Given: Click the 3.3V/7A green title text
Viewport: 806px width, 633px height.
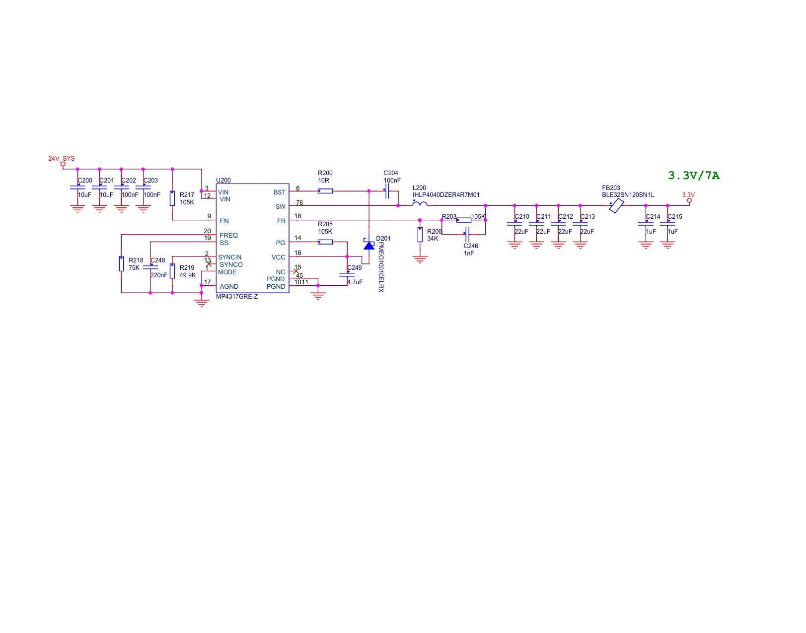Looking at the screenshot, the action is point(694,176).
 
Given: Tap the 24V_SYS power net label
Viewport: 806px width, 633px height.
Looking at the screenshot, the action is point(62,159).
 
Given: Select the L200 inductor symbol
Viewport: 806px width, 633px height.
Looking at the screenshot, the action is point(420,203).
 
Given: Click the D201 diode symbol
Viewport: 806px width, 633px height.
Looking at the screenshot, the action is point(369,244).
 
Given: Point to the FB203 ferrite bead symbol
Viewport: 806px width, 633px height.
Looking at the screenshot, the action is point(616,205).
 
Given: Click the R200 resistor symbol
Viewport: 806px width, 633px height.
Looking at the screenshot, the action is point(325,191).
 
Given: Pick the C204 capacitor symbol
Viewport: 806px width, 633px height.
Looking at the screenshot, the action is point(387,191).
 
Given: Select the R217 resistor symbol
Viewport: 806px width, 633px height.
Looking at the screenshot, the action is point(172,198).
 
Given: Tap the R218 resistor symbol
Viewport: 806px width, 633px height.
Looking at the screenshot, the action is point(121,264).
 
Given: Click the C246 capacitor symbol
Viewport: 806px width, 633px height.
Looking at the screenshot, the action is point(467,235).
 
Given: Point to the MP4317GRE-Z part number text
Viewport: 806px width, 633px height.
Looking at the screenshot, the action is point(237,297).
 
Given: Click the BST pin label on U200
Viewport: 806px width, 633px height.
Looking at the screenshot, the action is point(280,192).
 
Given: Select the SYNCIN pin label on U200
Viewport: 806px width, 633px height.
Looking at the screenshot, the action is point(229,257).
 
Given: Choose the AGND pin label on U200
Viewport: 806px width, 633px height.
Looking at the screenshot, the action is point(229,287).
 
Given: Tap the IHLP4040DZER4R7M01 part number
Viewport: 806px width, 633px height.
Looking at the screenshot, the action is point(445,195).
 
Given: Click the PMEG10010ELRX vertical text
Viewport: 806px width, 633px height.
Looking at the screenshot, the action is point(381,267).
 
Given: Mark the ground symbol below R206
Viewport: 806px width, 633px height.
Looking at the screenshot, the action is point(420,259).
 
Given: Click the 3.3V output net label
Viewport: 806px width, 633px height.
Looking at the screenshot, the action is point(688,195).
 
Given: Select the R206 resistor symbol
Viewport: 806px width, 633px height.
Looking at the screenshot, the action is point(420,235).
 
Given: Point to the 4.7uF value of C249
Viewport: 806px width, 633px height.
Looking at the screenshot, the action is point(355,282).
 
